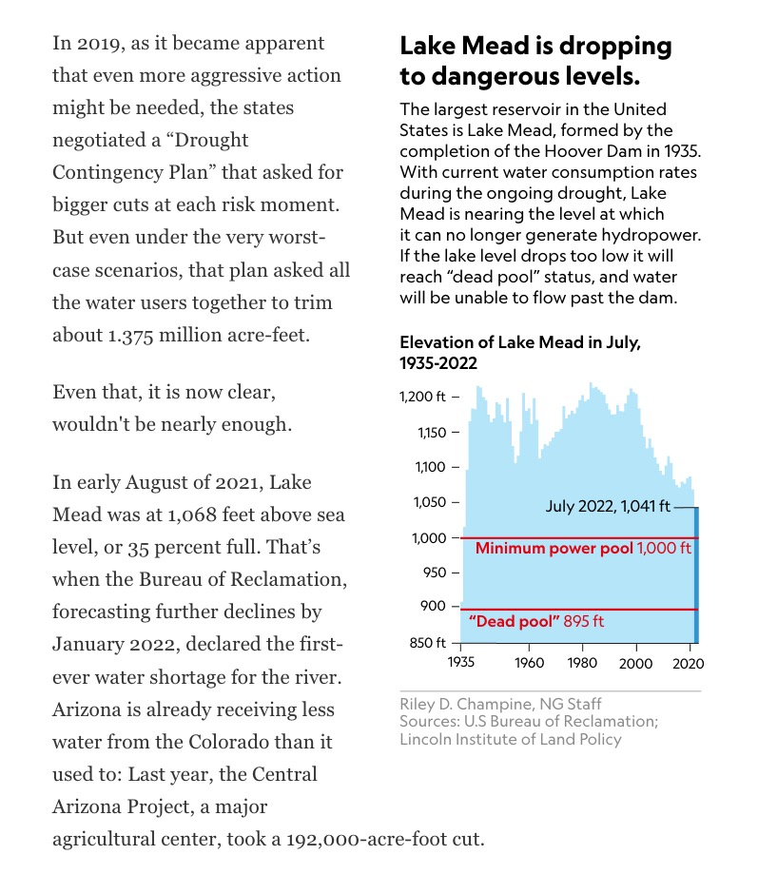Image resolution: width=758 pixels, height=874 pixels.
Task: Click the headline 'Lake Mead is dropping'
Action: [x=534, y=46]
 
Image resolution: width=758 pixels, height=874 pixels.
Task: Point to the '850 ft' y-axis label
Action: [x=427, y=645]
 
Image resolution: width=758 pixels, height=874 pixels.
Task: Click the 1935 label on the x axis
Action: [x=461, y=663]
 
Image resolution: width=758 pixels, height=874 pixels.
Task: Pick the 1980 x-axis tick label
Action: [x=582, y=663]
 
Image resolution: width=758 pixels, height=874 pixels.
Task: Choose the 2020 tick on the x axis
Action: [x=688, y=663]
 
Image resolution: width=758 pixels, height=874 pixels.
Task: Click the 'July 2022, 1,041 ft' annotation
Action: [x=606, y=507]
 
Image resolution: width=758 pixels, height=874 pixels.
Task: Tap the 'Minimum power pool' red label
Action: [x=554, y=549]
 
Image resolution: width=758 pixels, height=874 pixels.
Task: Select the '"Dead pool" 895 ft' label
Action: [x=537, y=621]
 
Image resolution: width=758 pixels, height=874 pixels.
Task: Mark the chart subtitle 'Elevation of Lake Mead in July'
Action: [x=519, y=343]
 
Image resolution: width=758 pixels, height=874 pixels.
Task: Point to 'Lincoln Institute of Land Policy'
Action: [x=511, y=739]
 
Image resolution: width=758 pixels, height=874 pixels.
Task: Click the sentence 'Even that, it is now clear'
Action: [x=165, y=392]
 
